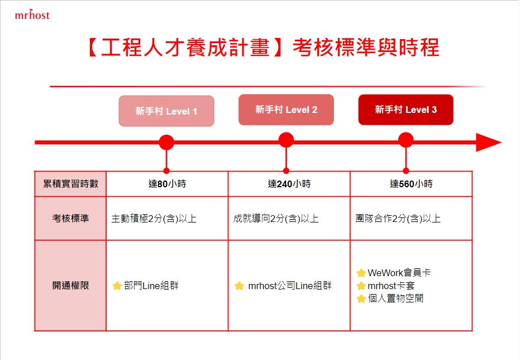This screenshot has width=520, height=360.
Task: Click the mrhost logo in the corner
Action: tap(32, 15)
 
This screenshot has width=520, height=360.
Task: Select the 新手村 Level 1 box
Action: tap(166, 111)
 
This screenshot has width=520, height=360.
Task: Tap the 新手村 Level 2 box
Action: tap(286, 110)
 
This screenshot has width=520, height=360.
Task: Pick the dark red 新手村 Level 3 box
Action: tap(405, 110)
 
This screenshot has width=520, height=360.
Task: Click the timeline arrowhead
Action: tap(488, 143)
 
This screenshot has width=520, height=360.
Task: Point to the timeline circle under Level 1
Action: tap(166, 143)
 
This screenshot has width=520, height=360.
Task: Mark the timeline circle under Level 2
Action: tap(286, 140)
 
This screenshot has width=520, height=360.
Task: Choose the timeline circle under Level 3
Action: tap(405, 140)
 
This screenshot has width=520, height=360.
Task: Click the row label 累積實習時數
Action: tap(70, 184)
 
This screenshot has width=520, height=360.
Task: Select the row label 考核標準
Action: tap(70, 219)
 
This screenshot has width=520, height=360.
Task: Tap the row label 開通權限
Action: tap(70, 285)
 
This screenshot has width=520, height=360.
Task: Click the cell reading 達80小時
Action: tap(167, 184)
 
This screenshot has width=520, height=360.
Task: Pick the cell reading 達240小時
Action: tap(289, 184)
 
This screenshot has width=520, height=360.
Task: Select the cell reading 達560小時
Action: tap(411, 184)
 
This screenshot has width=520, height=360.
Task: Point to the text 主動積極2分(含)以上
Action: tap(154, 219)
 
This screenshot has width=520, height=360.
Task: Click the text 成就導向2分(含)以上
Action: tap(276, 219)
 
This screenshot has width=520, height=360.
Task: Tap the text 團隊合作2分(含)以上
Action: tap(398, 219)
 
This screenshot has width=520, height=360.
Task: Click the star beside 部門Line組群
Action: tap(117, 286)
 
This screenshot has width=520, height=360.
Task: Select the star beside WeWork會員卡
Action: tap(361, 273)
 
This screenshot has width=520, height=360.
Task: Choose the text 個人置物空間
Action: tap(395, 299)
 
